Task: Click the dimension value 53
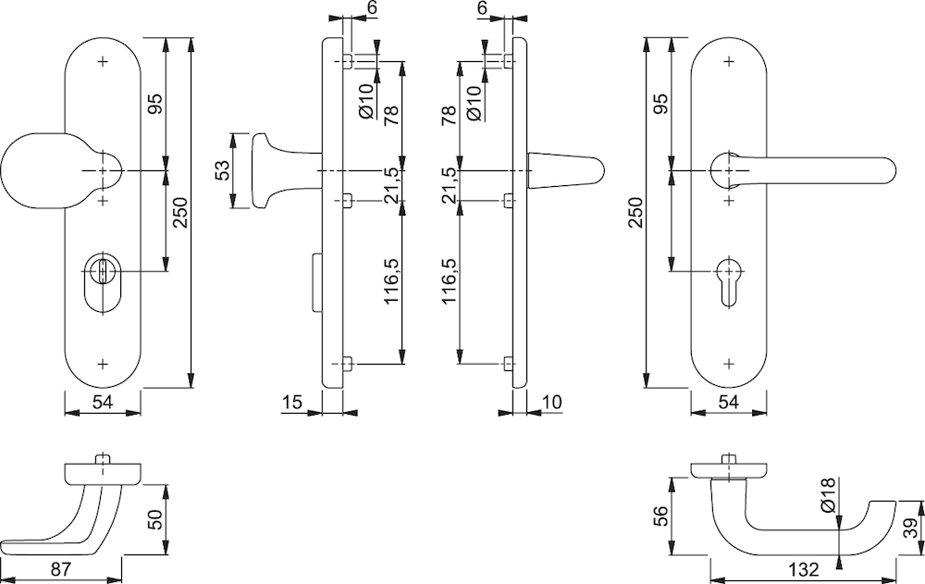point(222,170)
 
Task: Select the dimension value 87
point(61,569)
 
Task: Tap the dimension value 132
point(804,570)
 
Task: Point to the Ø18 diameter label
point(829,495)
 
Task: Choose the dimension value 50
point(154,520)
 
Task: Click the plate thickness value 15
point(292,402)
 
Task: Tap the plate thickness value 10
point(551,402)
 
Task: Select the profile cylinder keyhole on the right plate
point(729,281)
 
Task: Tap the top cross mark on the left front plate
point(104,61)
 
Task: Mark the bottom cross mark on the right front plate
point(729,363)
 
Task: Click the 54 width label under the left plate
point(103,402)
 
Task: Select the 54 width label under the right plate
point(729,402)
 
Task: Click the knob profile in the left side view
point(286,170)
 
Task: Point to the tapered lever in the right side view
point(565,170)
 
